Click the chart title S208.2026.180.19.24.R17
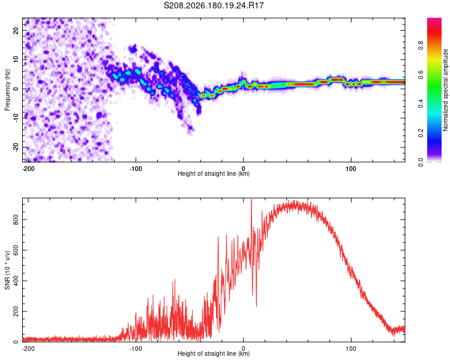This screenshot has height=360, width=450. (x=214, y=5)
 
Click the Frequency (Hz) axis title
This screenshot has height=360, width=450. (x=7, y=90)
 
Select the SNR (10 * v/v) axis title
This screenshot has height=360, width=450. (x=7, y=270)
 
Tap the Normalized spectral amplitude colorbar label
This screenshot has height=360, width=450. (x=445, y=90)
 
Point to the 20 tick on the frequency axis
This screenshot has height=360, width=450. (x=16, y=30)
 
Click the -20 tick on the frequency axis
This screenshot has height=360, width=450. (x=16, y=147)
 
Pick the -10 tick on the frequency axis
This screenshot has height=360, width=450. (x=16, y=118)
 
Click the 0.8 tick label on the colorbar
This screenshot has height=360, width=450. (x=421, y=46)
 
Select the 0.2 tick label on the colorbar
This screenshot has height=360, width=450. (x=421, y=133)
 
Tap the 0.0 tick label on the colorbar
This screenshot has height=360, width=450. (x=421, y=162)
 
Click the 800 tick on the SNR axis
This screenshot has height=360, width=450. (x=16, y=220)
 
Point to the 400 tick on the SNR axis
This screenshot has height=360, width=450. (x=16, y=281)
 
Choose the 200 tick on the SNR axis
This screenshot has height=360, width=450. (x=16, y=311)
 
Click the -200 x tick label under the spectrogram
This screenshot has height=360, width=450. (x=28, y=169)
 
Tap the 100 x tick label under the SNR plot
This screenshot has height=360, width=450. (x=351, y=349)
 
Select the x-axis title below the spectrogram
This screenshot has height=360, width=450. (x=214, y=173)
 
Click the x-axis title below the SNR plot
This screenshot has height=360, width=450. (x=214, y=353)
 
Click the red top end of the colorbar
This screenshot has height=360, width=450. (x=434, y=19)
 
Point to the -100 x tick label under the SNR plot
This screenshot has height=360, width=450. (x=136, y=349)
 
